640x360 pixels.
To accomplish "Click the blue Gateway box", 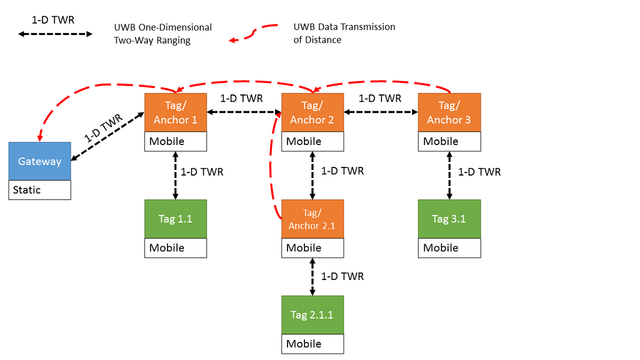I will [39, 161].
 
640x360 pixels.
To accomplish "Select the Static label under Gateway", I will [39, 190].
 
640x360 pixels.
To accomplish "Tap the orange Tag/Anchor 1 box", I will [175, 112].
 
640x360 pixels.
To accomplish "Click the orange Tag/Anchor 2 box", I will [312, 112].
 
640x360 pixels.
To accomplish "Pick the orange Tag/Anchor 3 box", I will [449, 112].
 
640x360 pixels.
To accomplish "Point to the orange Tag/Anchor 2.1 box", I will [312, 219].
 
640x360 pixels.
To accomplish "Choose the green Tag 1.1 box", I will [175, 219].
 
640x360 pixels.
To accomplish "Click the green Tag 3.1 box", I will [449, 219].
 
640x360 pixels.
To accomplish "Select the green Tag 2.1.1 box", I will [312, 315].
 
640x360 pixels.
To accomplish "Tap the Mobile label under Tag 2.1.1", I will [312, 344].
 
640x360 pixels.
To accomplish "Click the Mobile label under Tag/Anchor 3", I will [449, 141].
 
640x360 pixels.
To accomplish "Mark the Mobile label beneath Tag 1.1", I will [175, 247].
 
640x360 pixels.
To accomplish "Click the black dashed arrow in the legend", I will [55, 34].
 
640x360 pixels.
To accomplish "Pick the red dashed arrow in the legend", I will [253, 32].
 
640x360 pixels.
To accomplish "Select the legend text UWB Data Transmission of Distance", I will [344, 33].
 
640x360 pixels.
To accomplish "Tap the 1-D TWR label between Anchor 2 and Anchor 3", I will [380, 98].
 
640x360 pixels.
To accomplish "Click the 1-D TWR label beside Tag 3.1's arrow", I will [479, 172].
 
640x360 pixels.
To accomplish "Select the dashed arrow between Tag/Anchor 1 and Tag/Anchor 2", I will [244, 112].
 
